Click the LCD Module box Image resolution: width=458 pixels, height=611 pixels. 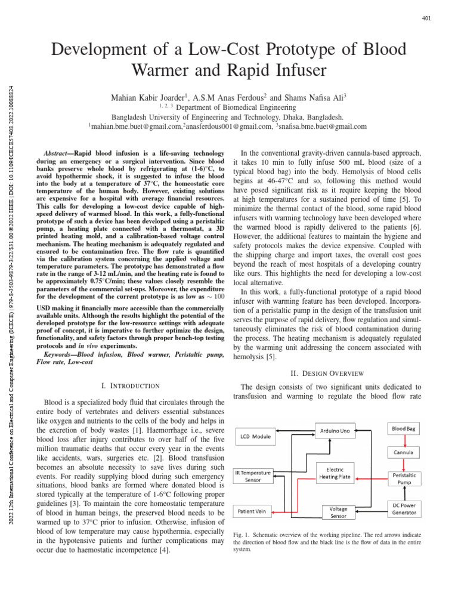(255, 437)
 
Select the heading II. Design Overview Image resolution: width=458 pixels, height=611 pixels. (332, 373)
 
